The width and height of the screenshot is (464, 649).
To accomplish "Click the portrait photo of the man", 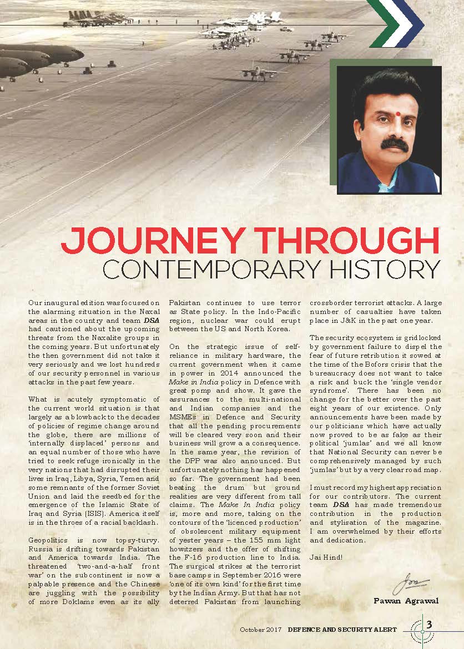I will click(x=390, y=130).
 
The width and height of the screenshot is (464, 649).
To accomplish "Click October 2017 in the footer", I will click(x=261, y=630).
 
